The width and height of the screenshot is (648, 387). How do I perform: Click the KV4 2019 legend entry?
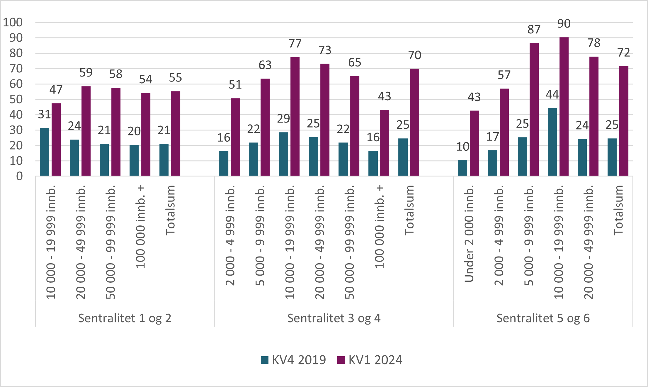pos(293,360)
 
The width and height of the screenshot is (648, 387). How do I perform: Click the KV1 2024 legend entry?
pos(370,360)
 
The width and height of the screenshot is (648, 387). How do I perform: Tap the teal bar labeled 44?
pos(552,142)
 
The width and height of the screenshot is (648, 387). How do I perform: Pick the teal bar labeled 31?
pos(44,152)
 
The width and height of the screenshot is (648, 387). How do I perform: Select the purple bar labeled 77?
pos(295,116)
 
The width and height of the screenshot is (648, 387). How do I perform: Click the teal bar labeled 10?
pos(462,168)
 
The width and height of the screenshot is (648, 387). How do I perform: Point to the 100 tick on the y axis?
pos(13,22)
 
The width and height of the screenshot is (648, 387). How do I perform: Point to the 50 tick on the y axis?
pos(16,99)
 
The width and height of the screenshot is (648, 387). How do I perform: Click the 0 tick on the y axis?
pos(19,176)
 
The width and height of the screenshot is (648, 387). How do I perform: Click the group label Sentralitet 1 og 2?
pos(125,318)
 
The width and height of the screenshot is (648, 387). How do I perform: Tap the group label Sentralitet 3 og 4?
pos(334,318)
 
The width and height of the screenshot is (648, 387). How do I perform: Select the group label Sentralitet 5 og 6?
pos(543,318)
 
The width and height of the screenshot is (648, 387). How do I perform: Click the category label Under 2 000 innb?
pos(469,234)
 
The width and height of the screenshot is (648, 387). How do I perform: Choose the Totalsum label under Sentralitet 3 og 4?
pos(409,210)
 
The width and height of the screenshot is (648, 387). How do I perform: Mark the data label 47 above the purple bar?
pos(56,89)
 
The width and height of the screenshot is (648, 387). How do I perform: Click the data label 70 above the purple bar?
pos(415,55)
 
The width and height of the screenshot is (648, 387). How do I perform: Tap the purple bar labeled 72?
pos(624,121)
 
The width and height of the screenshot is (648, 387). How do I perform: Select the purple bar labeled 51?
pos(235,137)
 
